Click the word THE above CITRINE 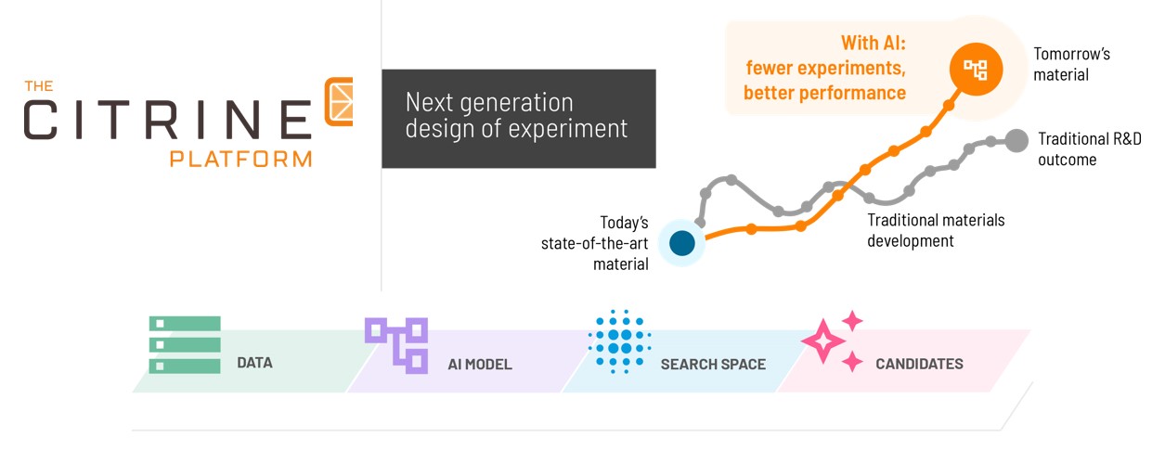39,85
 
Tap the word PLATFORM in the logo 240,159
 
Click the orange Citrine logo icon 339,101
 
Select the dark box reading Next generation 519,119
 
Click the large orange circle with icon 976,69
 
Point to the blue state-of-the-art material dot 682,243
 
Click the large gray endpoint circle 1016,140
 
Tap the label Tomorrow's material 1071,64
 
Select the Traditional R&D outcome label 1090,149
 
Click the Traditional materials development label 936,230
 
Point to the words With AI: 874,43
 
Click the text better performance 824,93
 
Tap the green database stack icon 185,345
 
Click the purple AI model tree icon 396,345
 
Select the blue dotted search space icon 619,341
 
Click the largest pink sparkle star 822,341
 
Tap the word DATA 254,363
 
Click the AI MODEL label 480,365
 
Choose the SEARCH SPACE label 713,365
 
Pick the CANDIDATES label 919,364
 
